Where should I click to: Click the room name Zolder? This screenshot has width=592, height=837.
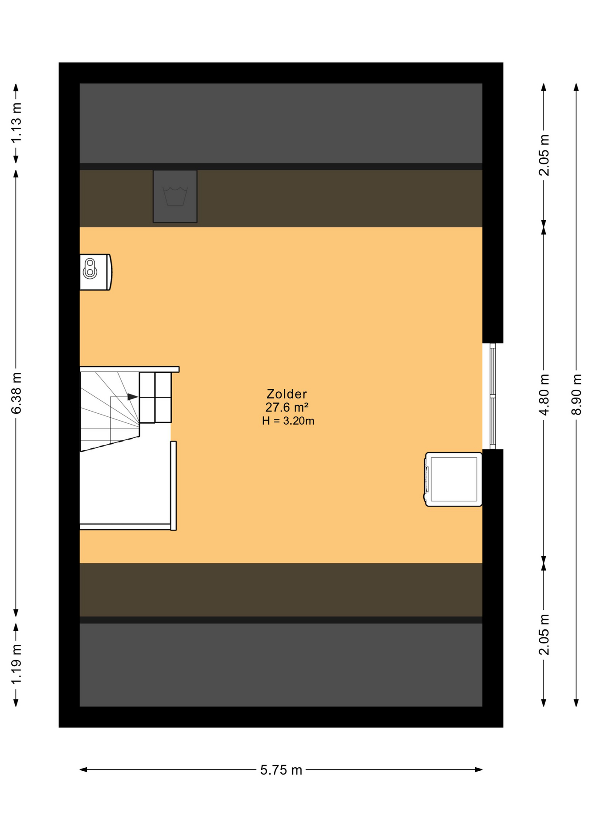(286, 394)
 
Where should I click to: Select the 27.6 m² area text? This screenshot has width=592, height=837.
(287, 408)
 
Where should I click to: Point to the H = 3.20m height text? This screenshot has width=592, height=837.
(288, 421)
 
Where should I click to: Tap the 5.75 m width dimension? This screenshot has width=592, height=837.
(281, 770)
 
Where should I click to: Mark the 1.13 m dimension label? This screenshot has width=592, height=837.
(16, 123)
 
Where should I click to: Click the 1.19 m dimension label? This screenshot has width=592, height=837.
(16, 664)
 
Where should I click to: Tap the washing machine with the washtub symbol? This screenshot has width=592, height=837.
(175, 196)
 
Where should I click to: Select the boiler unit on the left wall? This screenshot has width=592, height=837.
(95, 272)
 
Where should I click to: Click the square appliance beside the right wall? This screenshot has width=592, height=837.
(453, 479)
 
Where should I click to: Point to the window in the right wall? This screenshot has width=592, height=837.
(493, 396)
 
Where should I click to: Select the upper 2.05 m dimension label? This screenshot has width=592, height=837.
(544, 155)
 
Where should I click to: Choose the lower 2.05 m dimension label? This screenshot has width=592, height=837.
(544, 634)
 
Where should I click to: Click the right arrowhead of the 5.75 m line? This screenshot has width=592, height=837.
(479, 769)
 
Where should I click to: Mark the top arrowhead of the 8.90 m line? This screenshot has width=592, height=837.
(576, 87)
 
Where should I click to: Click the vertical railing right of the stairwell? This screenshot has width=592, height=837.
(174, 486)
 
